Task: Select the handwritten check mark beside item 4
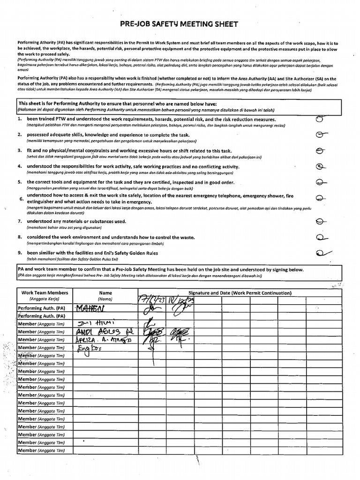(x=320, y=166)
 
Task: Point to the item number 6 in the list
(x=21, y=199)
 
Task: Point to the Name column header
(x=105, y=292)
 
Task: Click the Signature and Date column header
(x=240, y=292)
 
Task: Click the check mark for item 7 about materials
(x=320, y=221)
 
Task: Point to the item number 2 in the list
(x=20, y=135)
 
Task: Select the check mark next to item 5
(x=321, y=182)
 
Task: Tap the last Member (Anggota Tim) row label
(x=41, y=450)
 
